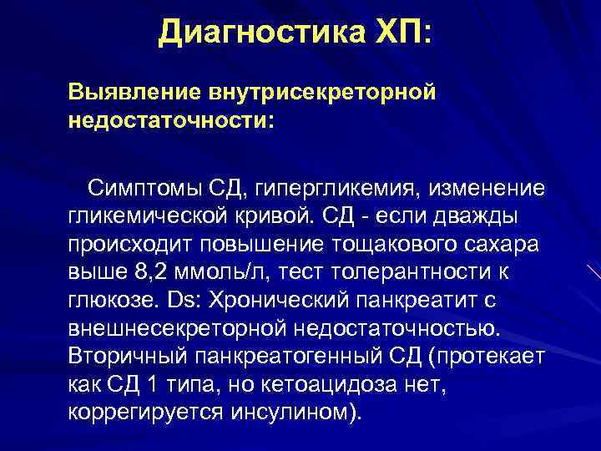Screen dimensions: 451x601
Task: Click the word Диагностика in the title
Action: [x=250, y=33]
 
